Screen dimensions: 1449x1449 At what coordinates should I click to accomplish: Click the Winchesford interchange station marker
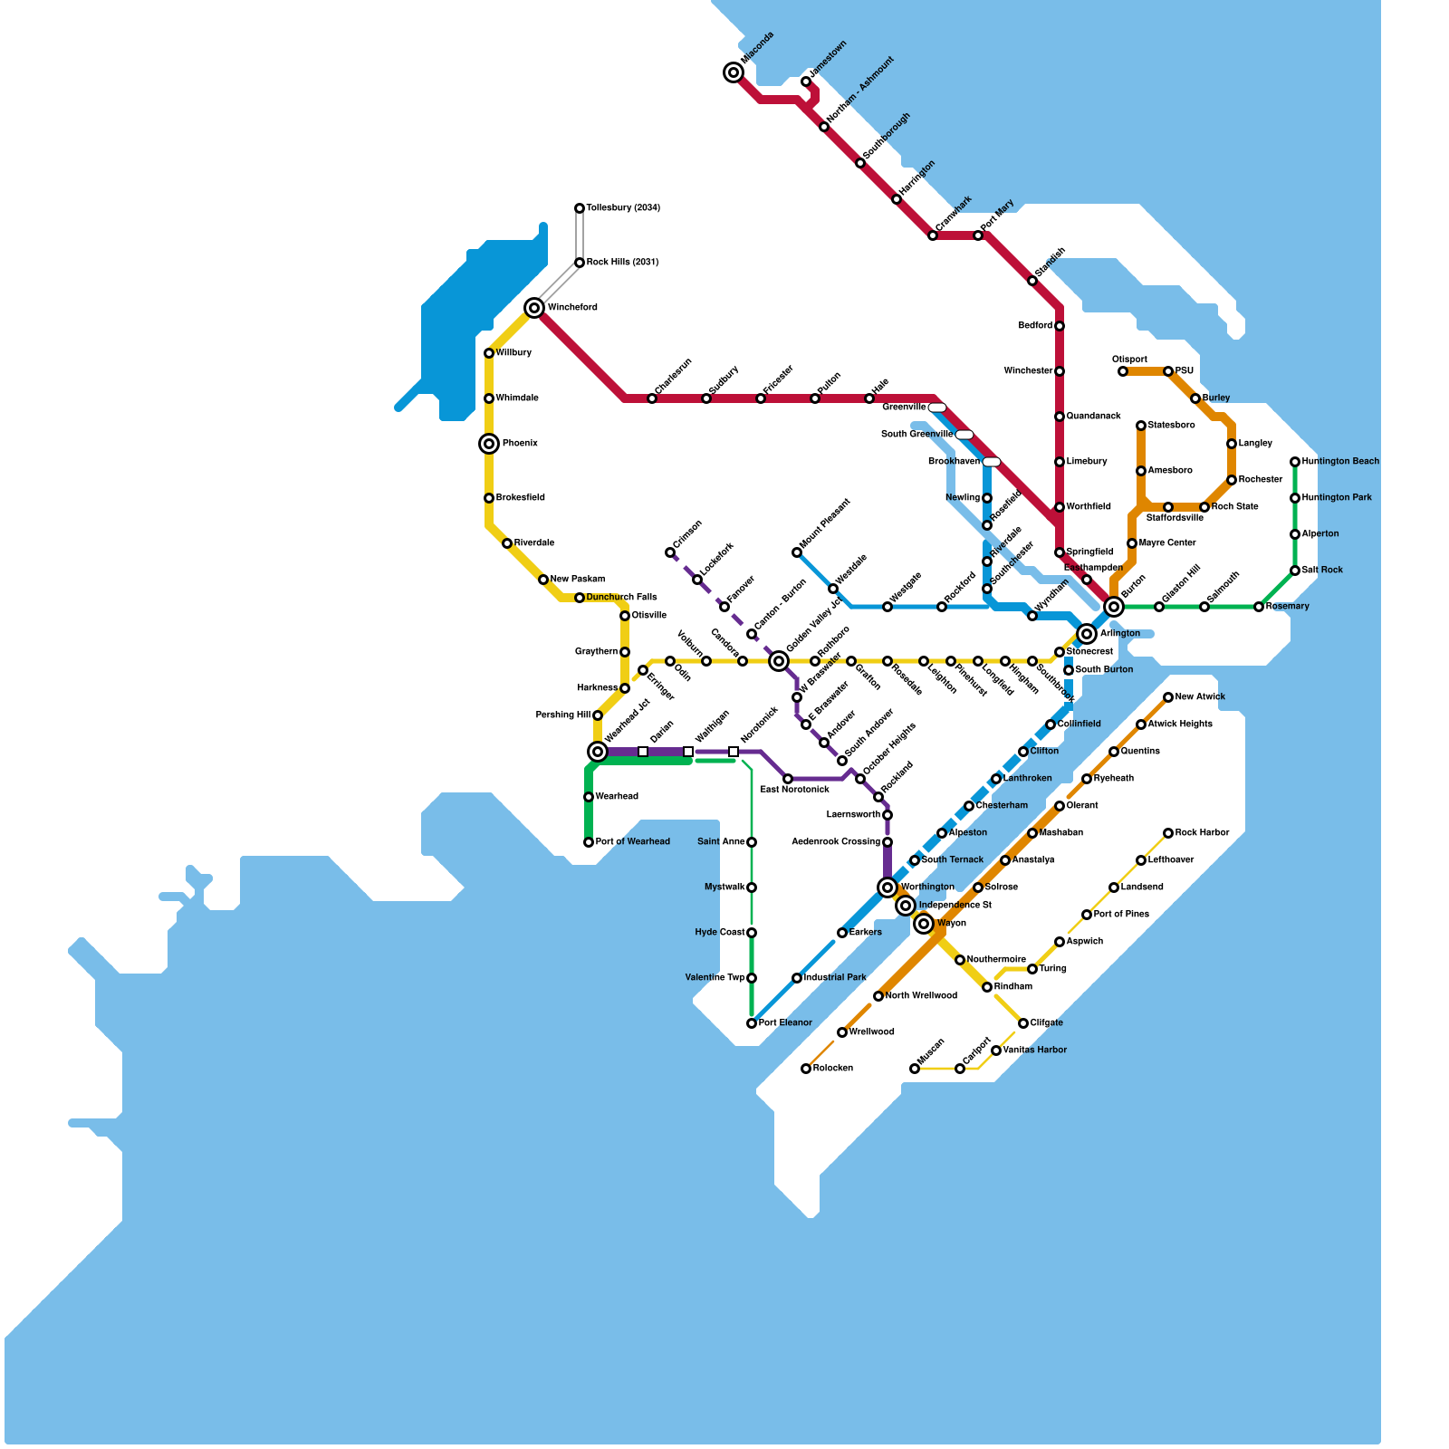(534, 308)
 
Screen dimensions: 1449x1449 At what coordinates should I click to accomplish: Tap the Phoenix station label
(520, 444)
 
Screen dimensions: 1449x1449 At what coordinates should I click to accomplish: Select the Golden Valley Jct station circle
(779, 661)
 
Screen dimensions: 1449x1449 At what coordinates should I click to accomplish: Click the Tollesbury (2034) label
(623, 208)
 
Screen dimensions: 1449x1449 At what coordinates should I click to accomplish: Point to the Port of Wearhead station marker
(589, 842)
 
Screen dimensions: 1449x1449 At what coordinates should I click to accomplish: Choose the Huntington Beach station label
(1340, 462)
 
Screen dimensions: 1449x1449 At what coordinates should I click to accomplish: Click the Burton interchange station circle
(1114, 607)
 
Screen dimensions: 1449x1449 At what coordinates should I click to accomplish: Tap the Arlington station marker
(1087, 634)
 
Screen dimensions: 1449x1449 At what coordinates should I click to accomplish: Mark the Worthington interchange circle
(888, 888)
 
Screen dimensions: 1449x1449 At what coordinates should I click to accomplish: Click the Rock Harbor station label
(1202, 833)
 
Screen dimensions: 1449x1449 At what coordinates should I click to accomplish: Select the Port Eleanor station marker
(752, 1023)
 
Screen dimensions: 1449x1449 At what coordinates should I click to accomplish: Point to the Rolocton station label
(832, 1069)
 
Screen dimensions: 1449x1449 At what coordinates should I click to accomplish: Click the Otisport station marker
(1123, 371)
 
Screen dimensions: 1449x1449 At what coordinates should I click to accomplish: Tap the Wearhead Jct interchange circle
(598, 752)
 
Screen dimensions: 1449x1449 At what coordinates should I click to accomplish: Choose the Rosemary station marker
(1259, 607)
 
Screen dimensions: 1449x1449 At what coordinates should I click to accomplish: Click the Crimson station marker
(670, 552)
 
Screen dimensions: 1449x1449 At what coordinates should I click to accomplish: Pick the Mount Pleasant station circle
(797, 552)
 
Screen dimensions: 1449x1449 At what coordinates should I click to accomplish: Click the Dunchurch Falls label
(621, 598)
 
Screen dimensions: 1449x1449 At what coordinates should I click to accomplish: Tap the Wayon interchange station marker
(924, 924)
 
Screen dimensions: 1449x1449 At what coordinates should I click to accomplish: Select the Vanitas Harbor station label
(1034, 1051)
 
